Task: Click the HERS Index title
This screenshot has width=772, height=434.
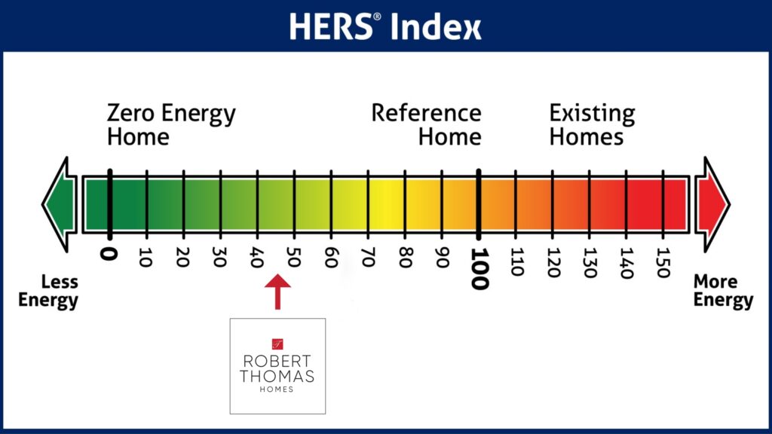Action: [x=385, y=26]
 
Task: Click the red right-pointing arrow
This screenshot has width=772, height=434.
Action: [x=712, y=204]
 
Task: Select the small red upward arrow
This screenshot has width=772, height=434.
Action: [x=277, y=292]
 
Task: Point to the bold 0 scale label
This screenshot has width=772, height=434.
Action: [x=109, y=254]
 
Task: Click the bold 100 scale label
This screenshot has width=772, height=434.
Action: [x=479, y=269]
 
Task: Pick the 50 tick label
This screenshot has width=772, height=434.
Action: [x=293, y=258]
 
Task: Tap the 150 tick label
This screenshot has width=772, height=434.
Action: [x=663, y=263]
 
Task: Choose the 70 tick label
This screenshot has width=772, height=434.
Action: [x=368, y=258]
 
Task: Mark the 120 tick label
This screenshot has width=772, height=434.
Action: [x=553, y=263]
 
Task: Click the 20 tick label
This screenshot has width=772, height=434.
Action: [x=182, y=258]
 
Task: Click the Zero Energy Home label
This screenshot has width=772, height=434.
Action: [x=171, y=124]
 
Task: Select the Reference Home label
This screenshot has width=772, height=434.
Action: [x=427, y=124]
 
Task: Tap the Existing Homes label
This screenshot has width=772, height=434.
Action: [x=593, y=124]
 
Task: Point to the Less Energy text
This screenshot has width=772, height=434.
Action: [x=48, y=291]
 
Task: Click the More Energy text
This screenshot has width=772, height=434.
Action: [x=723, y=291]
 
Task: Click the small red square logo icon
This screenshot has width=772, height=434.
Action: [x=277, y=344]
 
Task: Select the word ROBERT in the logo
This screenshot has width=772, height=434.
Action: [x=277, y=361]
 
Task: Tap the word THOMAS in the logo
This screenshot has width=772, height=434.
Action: [x=277, y=377]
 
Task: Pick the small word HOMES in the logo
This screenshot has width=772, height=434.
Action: [x=277, y=390]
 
